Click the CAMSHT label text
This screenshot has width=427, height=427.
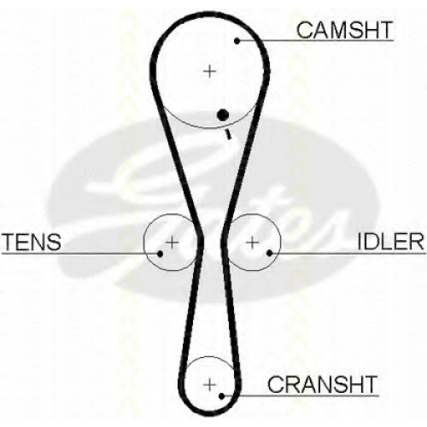tap(344, 30)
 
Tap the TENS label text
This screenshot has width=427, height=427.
tap(32, 242)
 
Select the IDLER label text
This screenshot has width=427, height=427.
tap(390, 242)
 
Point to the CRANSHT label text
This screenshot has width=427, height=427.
tap(322, 384)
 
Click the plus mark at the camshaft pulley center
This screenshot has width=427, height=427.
tap(210, 71)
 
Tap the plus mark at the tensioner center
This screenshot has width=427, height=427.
tap(172, 243)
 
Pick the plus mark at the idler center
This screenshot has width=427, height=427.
tap(252, 243)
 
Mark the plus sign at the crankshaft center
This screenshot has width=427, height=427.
tap(210, 385)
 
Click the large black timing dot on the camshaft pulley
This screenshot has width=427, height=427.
tap(223, 115)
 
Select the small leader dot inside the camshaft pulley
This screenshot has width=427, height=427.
tap(237, 41)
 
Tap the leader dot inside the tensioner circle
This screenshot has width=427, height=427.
tap(160, 254)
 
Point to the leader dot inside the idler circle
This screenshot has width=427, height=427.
tap(269, 253)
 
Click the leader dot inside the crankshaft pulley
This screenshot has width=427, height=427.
tap(222, 395)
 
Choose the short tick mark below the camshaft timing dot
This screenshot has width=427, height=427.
tap(228, 134)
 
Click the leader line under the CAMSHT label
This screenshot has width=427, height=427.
tap(315, 41)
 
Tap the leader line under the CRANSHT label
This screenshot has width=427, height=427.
tap(301, 395)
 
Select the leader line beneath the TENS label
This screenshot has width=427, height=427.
tap(81, 253)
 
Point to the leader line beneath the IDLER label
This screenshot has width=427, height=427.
tap(348, 253)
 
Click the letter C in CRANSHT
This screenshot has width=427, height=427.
tap(276, 384)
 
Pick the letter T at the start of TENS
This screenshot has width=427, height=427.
tap(9, 242)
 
